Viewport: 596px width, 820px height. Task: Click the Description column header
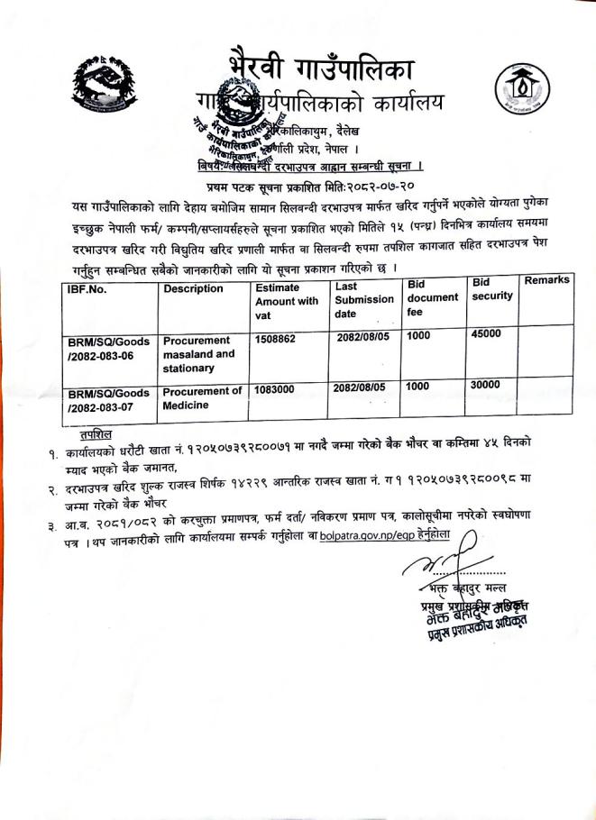click(x=193, y=288)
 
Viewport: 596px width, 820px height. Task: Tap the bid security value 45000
click(x=488, y=333)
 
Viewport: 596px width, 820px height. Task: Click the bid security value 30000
click(x=485, y=384)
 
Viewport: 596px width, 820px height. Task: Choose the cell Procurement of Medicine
click(x=202, y=397)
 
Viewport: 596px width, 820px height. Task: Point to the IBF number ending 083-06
click(x=108, y=349)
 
